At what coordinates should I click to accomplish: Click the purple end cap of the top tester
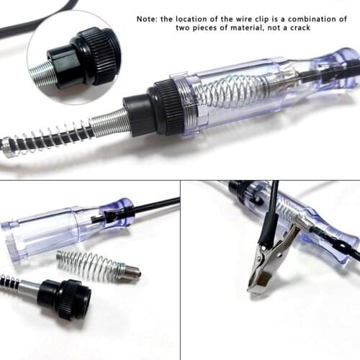(338, 65)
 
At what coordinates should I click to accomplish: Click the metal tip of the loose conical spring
(131, 272)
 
